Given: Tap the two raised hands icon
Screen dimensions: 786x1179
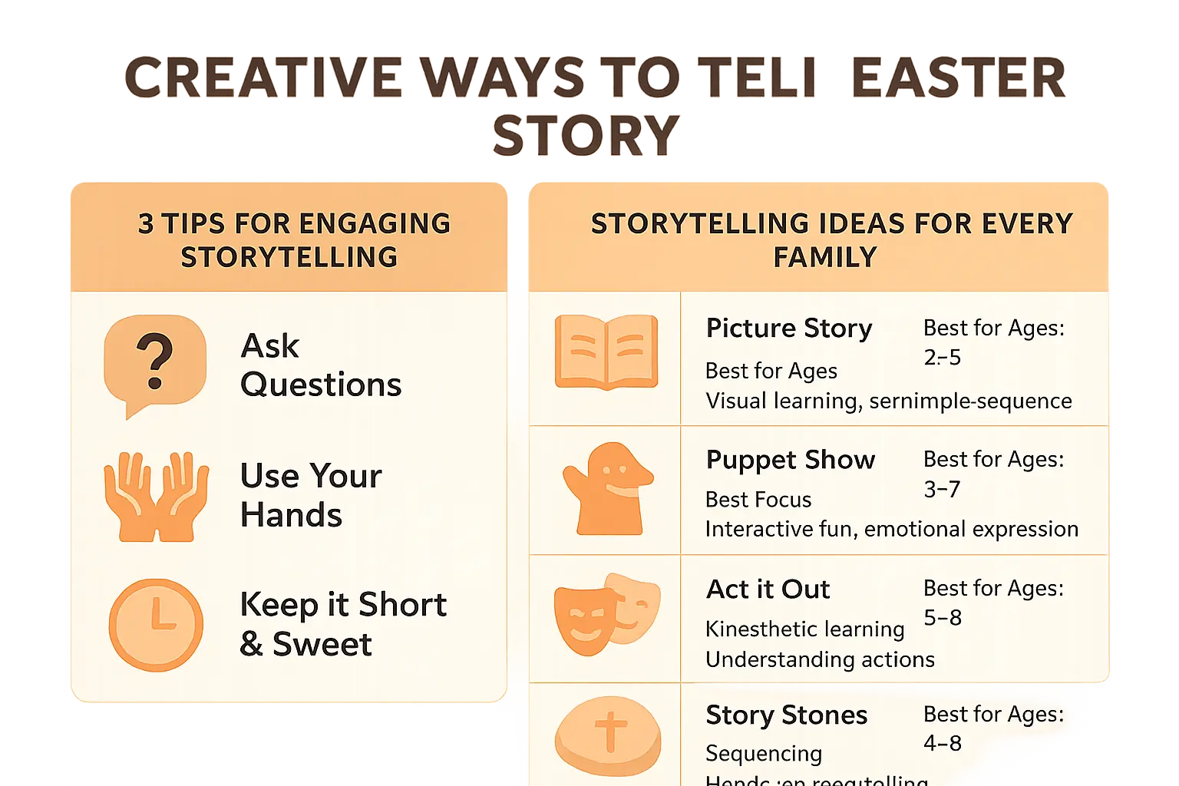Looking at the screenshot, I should (x=157, y=496).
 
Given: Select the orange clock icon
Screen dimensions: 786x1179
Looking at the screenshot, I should (x=156, y=625).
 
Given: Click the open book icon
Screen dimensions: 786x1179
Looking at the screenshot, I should (x=606, y=352).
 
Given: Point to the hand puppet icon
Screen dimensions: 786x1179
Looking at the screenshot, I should (x=607, y=489).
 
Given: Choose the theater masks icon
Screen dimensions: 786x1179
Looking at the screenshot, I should (x=606, y=614).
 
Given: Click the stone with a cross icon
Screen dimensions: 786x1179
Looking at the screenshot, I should (x=608, y=735).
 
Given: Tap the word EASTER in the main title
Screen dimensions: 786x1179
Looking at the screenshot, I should (x=959, y=78).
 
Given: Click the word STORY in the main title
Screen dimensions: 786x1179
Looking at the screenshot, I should (x=586, y=136).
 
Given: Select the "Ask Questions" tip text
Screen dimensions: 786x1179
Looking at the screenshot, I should (x=321, y=365).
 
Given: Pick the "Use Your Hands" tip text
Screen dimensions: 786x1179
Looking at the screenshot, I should (x=311, y=496).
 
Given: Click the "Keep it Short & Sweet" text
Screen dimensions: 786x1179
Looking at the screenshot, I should (x=342, y=624).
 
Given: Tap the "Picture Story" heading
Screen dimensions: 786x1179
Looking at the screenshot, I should (x=789, y=329).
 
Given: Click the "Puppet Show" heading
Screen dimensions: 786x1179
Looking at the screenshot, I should (x=791, y=460).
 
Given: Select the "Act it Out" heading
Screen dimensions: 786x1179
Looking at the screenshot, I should (x=768, y=589).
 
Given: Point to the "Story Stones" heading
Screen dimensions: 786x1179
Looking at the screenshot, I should (x=787, y=715).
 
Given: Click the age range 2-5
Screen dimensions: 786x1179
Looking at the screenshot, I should (x=943, y=358).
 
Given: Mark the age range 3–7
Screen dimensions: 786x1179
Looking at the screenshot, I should (x=943, y=490).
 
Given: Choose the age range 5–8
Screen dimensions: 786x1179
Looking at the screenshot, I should (x=943, y=618).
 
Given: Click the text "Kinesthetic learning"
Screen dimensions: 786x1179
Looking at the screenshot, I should (x=805, y=629).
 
